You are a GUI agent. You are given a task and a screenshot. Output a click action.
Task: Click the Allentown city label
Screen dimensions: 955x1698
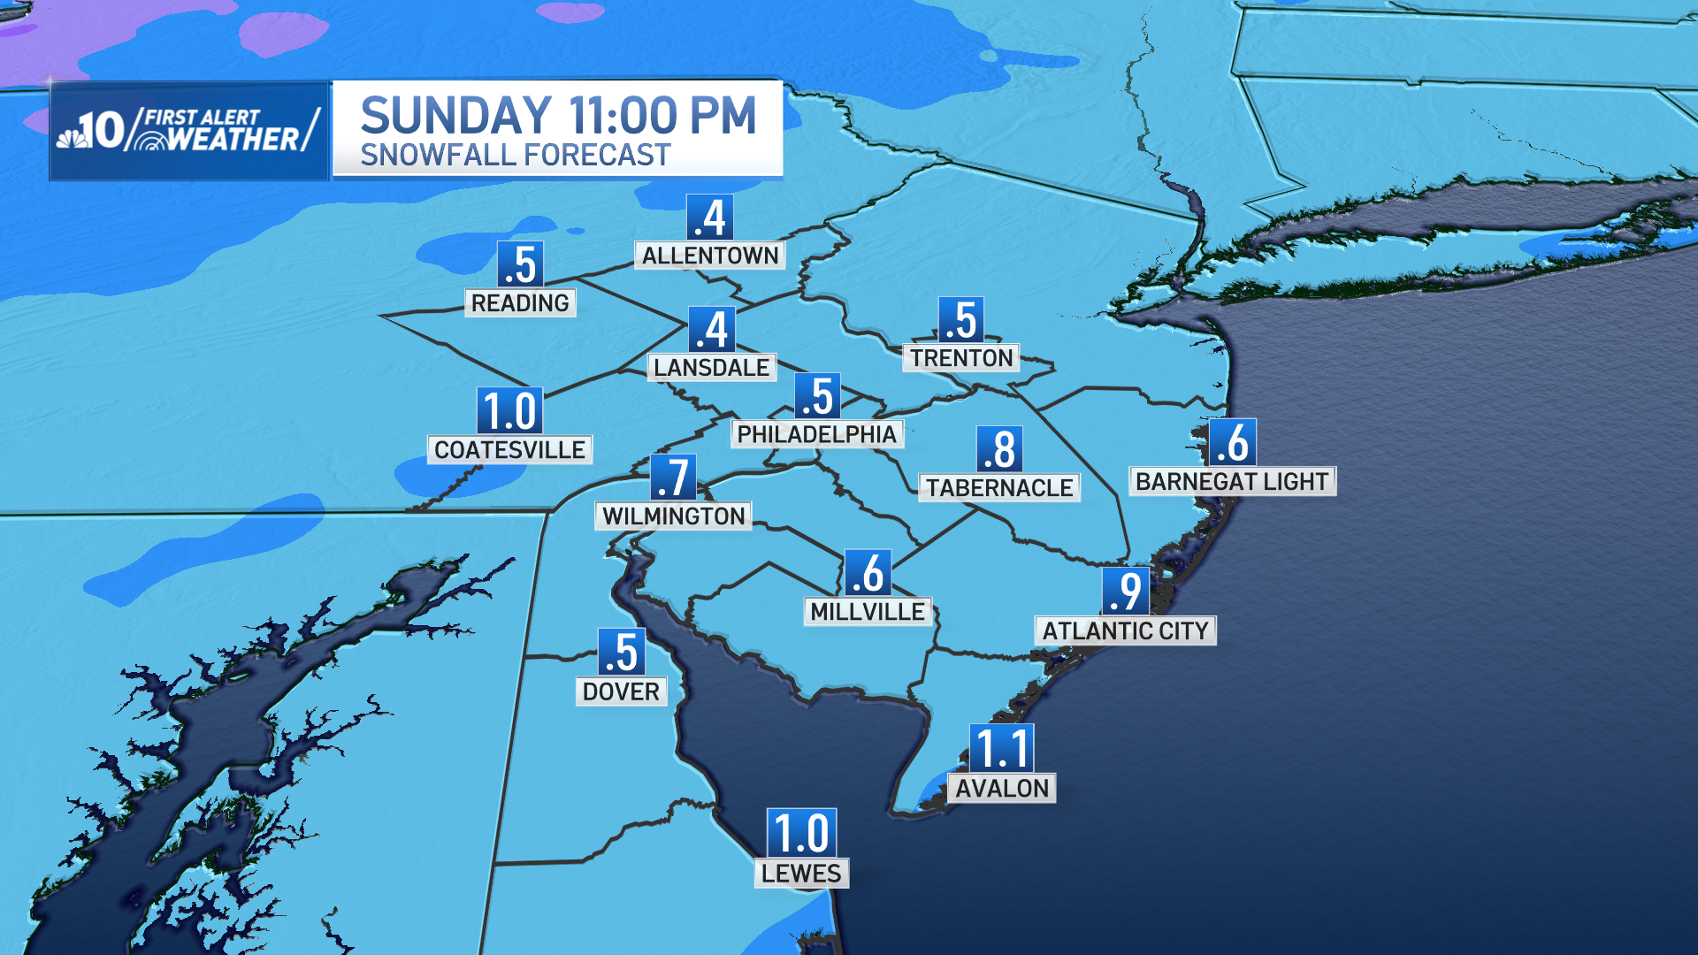click(710, 256)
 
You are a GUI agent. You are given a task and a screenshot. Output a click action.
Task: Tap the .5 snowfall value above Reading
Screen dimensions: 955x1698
click(520, 264)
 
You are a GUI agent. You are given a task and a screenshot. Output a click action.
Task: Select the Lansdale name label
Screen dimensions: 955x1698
click(711, 368)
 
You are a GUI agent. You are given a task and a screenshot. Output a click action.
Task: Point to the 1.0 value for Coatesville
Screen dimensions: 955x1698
click(509, 411)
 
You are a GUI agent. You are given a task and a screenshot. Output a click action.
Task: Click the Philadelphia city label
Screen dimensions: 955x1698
click(816, 434)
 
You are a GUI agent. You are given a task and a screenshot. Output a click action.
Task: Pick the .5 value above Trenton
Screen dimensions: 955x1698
click(960, 320)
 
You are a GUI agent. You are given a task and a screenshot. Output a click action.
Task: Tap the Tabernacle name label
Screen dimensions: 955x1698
click(999, 488)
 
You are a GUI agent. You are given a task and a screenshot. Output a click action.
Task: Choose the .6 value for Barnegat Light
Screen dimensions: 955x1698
click(1232, 442)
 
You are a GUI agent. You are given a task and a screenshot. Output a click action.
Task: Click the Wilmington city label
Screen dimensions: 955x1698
click(674, 516)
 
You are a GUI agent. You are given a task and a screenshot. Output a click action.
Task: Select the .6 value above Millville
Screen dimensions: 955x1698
click(868, 573)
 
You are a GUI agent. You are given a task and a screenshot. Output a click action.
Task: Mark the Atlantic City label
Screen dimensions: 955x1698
click(1125, 631)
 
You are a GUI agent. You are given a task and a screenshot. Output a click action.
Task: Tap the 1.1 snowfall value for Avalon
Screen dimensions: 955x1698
click(1002, 749)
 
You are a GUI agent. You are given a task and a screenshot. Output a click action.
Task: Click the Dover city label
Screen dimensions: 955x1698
click(621, 691)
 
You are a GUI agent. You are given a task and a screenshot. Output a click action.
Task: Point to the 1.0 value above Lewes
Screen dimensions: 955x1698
click(801, 833)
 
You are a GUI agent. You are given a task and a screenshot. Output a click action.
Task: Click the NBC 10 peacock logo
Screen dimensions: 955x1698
click(73, 134)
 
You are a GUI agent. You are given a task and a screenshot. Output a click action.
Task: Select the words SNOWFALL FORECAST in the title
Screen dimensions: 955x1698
click(515, 156)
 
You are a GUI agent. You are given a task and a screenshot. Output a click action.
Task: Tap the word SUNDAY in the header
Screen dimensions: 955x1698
click(456, 116)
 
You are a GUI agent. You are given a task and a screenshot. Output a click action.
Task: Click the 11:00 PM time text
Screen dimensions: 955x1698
click(662, 116)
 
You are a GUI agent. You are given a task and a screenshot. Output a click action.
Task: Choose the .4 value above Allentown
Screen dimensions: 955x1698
click(710, 218)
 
